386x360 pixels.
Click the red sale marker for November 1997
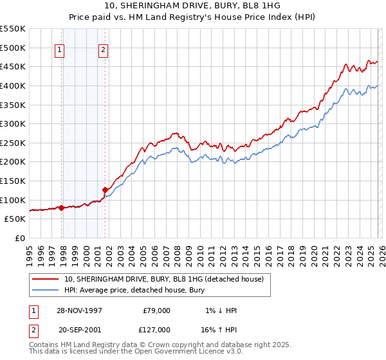click(x=62, y=208)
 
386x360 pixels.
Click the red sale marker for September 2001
click(x=105, y=190)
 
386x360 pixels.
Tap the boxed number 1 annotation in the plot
click(x=59, y=52)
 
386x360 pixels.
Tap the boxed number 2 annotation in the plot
click(x=103, y=52)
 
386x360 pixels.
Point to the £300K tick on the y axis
click(x=14, y=123)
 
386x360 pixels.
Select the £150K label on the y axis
click(x=14, y=181)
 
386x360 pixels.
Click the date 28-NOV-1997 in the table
click(x=79, y=310)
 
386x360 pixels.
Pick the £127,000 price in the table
click(x=156, y=329)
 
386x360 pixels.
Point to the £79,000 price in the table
click(x=156, y=310)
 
